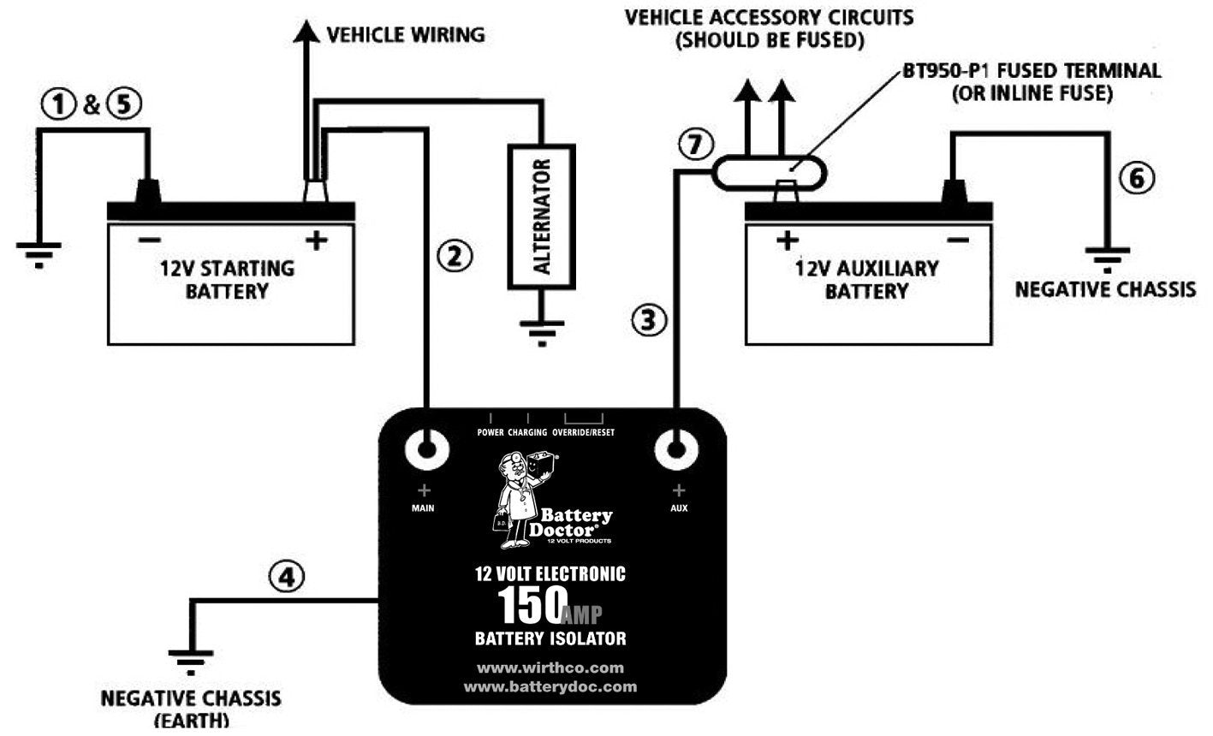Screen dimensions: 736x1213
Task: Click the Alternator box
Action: (x=541, y=217)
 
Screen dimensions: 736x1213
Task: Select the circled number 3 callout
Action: (x=648, y=319)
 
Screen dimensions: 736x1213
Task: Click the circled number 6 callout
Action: (x=1136, y=178)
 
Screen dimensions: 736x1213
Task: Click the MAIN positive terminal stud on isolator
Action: (x=425, y=448)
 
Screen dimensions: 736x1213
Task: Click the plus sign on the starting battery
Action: (x=317, y=241)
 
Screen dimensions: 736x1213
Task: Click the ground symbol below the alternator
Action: (x=541, y=331)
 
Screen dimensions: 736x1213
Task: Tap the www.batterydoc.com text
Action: (x=550, y=686)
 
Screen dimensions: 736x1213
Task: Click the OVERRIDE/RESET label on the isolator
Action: (x=583, y=432)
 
